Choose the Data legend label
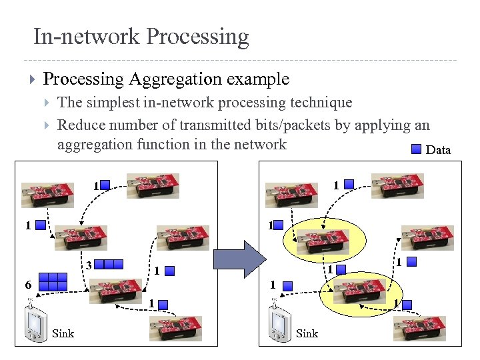tap(438, 150)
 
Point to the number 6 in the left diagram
tap(28, 285)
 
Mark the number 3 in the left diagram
tap(88, 264)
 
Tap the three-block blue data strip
tap(109, 264)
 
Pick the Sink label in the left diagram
tap(63, 333)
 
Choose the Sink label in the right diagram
tap(307, 333)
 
